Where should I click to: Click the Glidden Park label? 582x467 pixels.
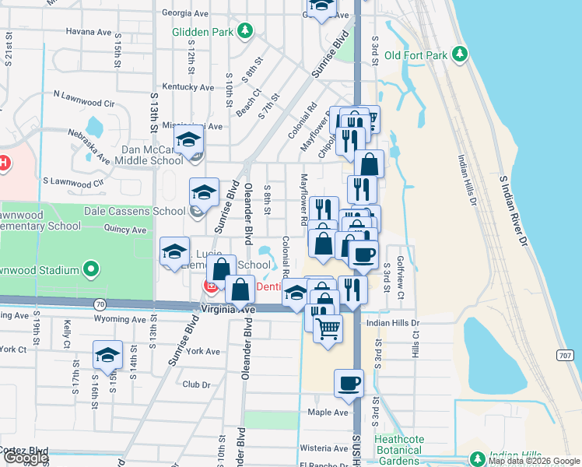(205, 31)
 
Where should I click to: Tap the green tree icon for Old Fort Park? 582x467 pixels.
(461, 54)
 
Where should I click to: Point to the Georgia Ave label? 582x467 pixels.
(185, 13)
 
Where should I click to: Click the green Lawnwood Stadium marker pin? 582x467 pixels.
(91, 270)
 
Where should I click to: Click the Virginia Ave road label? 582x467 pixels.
(228, 309)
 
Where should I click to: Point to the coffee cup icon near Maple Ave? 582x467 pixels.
(349, 383)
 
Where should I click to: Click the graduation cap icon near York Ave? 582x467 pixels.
(107, 354)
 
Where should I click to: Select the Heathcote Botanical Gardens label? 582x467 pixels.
(408, 450)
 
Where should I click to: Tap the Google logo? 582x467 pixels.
(26, 458)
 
